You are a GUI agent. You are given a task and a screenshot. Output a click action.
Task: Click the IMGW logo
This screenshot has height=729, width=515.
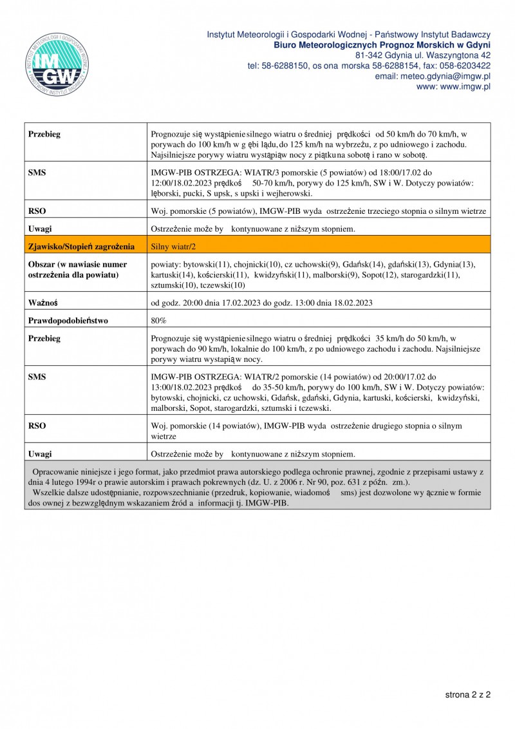point(56,63)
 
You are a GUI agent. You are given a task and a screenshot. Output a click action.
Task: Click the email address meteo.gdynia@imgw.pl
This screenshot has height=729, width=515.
point(433,76)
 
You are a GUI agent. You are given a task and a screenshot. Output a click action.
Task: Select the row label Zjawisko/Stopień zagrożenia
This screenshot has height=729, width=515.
point(81,246)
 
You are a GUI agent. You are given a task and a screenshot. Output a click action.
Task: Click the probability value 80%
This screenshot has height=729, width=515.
point(158,320)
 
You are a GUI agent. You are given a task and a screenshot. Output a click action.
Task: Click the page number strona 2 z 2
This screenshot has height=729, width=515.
point(468,695)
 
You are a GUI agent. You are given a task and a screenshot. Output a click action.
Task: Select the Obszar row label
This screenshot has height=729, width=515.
point(77,269)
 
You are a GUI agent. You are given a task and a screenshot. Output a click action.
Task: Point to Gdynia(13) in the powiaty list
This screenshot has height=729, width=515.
point(454,264)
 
